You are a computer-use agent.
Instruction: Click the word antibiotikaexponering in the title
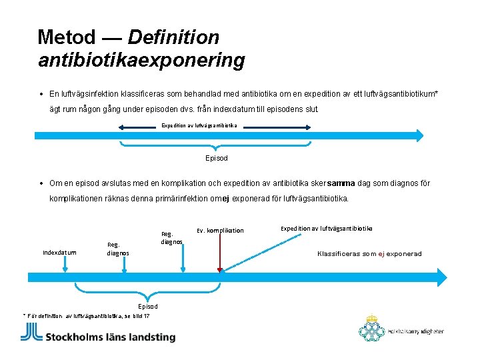141,61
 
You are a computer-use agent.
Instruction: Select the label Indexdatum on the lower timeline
59,253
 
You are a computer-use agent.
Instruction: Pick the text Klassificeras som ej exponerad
369,254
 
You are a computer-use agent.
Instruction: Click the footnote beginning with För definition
87,315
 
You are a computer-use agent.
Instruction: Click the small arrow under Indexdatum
64,267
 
